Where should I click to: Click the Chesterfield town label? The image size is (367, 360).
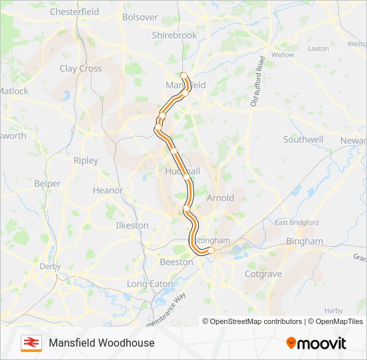click(x=74, y=12)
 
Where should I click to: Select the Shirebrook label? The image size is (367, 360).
click(x=174, y=35)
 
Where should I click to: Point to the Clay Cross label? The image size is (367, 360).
click(x=81, y=68)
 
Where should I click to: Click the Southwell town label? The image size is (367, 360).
click(x=303, y=139)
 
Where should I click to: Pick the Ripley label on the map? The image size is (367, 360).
click(x=85, y=161)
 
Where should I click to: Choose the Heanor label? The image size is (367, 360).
click(x=107, y=190)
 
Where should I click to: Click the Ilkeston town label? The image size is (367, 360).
click(x=132, y=225)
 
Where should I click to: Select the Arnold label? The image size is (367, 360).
click(x=220, y=198)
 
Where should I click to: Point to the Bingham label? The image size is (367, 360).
click(x=304, y=241)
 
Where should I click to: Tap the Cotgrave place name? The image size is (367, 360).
click(x=263, y=274)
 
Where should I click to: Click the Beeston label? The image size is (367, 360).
click(x=176, y=263)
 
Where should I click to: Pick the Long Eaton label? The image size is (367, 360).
click(x=149, y=284)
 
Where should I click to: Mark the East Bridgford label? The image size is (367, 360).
click(x=297, y=223)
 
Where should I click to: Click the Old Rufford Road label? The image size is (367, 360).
click(x=258, y=81)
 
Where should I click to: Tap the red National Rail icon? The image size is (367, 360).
click(x=31, y=343)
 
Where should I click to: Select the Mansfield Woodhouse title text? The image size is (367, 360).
click(x=101, y=343)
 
